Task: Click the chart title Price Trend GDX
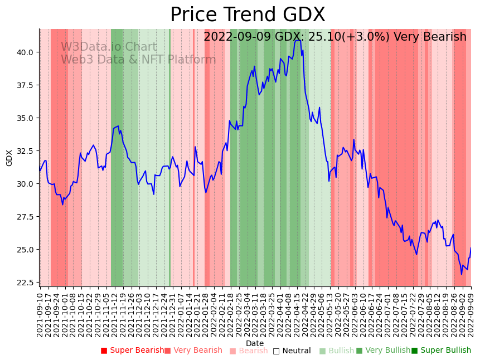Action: point(248,15)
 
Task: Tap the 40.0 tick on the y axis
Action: point(25,52)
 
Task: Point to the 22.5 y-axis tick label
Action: point(25,283)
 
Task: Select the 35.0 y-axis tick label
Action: point(25,118)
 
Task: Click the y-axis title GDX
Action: point(9,158)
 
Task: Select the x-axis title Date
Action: point(255,343)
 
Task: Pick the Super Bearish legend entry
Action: point(132,351)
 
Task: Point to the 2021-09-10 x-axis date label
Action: point(40,315)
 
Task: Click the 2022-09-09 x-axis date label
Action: point(471,315)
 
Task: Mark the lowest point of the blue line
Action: point(462,274)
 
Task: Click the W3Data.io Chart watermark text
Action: point(109,47)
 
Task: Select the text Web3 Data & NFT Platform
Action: point(138,60)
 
